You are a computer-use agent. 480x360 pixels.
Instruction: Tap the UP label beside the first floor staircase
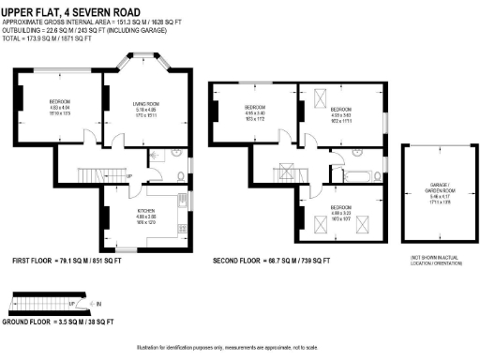pos(129,175)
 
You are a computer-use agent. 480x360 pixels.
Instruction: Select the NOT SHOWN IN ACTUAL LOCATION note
pos(433,260)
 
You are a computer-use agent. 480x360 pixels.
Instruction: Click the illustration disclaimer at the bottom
pos(239,347)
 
